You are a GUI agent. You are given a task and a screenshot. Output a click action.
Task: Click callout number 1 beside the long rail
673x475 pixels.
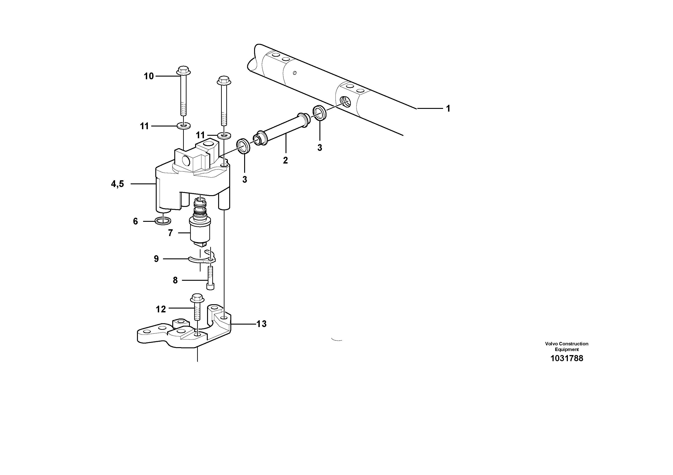[x=448, y=109]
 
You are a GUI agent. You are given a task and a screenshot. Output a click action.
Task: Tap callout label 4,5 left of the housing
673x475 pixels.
[x=117, y=184]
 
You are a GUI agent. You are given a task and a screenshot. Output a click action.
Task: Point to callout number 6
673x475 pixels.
[x=135, y=221]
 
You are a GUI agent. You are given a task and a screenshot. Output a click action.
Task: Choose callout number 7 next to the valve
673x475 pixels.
[x=170, y=233]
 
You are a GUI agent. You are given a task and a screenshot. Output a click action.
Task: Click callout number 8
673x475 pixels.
[x=175, y=281]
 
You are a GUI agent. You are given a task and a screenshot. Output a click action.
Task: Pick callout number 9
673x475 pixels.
[x=156, y=259]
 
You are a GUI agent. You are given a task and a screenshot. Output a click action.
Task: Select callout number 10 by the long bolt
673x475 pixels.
[x=149, y=76]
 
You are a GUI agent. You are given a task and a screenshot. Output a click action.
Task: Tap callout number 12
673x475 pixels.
[x=161, y=309]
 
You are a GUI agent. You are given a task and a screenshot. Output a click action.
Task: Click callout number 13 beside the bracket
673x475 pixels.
[x=262, y=324]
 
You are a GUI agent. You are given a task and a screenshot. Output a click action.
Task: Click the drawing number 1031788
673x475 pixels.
[x=567, y=358]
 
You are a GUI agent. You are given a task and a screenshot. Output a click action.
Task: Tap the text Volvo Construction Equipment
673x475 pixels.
[x=567, y=346]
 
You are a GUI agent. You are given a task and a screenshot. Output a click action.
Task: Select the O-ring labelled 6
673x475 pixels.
[x=163, y=221]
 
